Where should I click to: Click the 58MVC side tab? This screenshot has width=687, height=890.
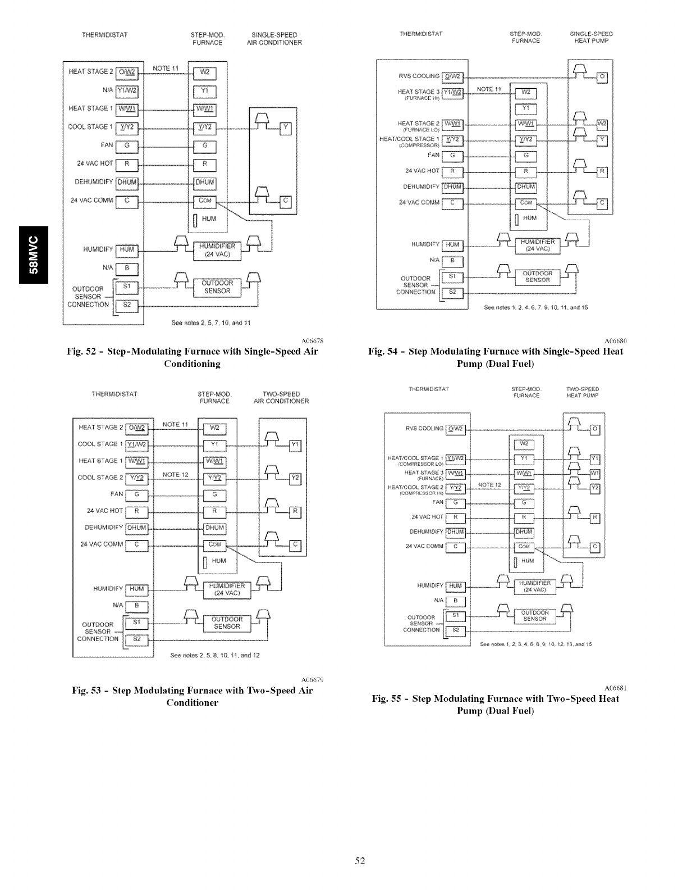coord(33,255)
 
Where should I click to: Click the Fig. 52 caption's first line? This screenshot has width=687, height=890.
coord(192,352)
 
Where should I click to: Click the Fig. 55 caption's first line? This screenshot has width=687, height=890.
coord(496,698)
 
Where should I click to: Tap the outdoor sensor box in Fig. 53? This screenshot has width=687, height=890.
coord(227,623)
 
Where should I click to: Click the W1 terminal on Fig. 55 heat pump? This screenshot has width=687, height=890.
coord(596,474)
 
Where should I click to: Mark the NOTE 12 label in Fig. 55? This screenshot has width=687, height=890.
coord(489,485)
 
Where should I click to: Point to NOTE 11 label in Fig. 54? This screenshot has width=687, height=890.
coord(488,89)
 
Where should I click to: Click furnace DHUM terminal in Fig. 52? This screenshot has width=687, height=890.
coord(204,182)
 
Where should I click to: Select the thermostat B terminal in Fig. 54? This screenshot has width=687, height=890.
coord(452,261)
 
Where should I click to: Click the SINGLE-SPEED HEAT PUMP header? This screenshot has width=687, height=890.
coord(591,37)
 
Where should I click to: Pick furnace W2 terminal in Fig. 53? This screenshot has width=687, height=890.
coord(214,429)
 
